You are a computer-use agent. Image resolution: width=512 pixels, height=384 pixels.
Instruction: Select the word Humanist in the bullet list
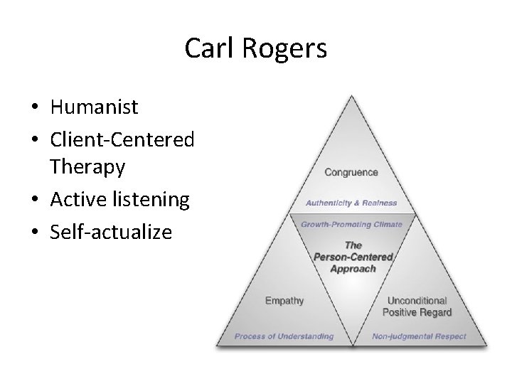(x=95, y=107)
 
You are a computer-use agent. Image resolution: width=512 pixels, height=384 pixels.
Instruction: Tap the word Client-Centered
(x=122, y=139)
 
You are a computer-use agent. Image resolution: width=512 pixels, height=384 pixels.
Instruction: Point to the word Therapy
(x=87, y=168)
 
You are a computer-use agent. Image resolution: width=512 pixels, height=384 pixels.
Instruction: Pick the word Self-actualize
(x=111, y=232)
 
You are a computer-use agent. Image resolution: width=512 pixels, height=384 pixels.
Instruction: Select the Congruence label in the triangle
(x=351, y=172)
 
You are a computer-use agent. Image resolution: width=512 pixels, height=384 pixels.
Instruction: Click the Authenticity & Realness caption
(x=351, y=203)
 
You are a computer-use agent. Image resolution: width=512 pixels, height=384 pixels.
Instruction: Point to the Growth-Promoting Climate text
(x=351, y=224)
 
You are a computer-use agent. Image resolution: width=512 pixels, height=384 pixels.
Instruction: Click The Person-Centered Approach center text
(x=353, y=257)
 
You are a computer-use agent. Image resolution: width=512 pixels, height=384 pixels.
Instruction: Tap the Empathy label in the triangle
(x=284, y=301)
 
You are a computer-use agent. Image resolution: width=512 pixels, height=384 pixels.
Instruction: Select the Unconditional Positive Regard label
(x=417, y=306)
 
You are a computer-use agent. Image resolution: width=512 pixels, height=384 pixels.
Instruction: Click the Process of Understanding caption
(x=284, y=336)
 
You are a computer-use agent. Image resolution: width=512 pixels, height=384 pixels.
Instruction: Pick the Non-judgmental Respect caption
(x=419, y=336)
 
